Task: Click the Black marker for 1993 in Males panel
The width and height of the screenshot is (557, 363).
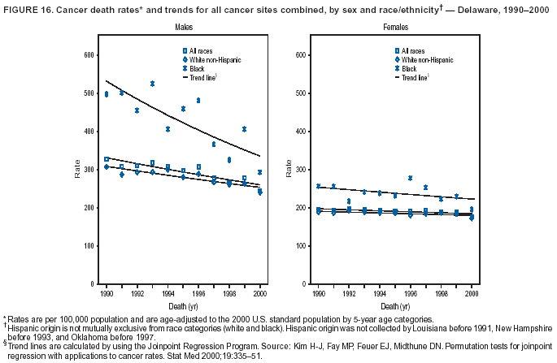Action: [x=152, y=84]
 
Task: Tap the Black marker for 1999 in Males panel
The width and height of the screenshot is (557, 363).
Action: [x=244, y=129]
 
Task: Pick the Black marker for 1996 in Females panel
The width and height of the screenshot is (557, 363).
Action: [x=410, y=178]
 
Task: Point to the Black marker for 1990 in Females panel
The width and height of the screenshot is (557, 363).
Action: [x=318, y=186]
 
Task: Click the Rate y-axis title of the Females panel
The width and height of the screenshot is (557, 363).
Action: [x=289, y=171]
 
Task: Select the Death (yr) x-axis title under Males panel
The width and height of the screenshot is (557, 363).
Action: [x=183, y=306]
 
